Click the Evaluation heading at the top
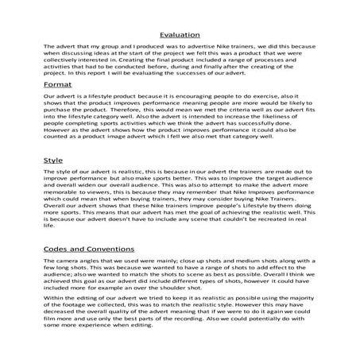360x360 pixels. coord(180,35)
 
